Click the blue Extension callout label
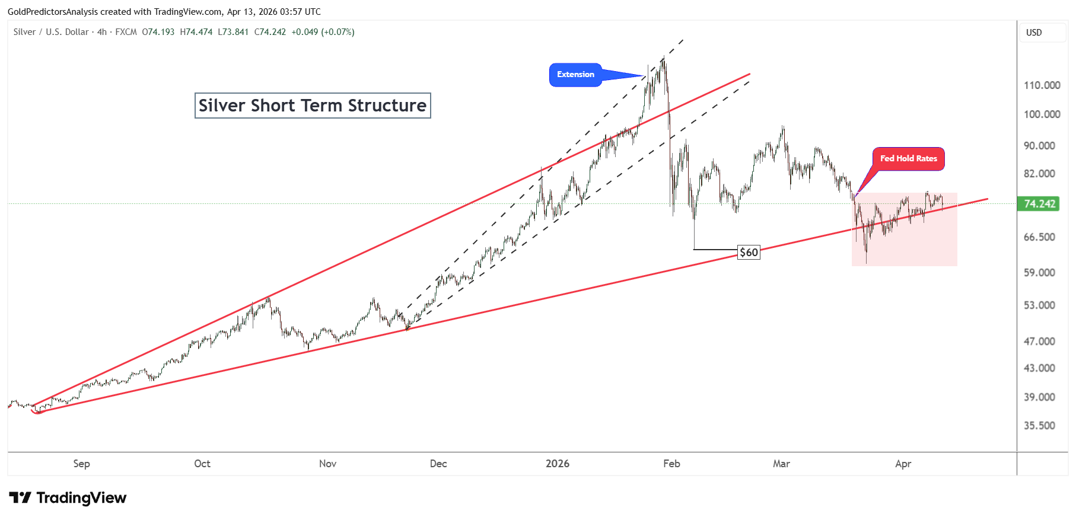point(575,75)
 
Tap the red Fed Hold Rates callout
point(908,159)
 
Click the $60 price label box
point(749,253)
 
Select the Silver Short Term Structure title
point(313,106)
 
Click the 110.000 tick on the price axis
point(1042,85)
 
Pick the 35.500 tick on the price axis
point(1039,426)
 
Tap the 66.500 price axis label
point(1039,237)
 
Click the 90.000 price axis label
point(1039,146)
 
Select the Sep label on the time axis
point(82,464)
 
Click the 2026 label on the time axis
point(558,464)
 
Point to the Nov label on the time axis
point(328,464)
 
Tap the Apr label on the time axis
point(903,464)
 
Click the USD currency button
point(1034,33)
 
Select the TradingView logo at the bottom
point(68,498)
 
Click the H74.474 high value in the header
point(196,32)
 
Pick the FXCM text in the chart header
point(126,32)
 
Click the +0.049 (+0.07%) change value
point(323,32)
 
